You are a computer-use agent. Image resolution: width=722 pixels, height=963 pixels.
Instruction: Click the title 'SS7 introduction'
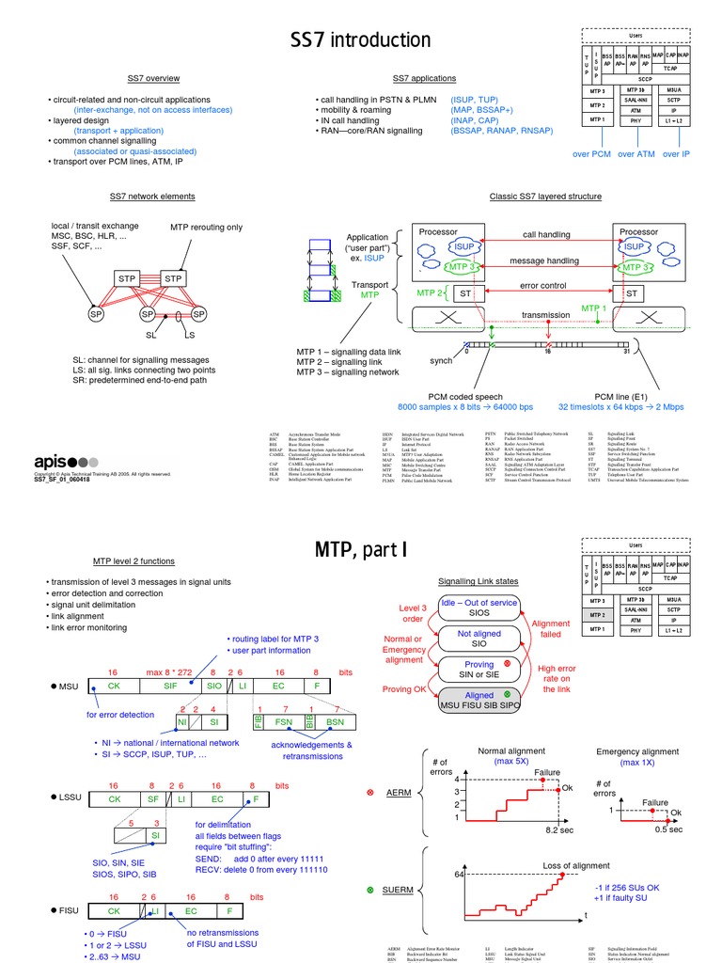(360, 39)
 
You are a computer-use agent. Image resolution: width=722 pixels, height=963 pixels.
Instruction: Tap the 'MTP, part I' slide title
(360, 549)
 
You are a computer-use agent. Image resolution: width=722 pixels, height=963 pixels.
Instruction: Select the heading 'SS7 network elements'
(152, 197)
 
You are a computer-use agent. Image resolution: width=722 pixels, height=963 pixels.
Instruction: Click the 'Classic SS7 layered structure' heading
(545, 197)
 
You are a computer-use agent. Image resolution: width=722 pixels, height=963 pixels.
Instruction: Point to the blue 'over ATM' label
(636, 153)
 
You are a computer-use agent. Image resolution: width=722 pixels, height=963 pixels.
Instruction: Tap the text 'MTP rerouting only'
(206, 228)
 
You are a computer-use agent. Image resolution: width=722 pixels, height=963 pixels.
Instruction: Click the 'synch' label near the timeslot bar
(442, 361)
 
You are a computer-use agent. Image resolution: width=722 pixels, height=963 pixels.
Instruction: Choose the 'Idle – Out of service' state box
(479, 608)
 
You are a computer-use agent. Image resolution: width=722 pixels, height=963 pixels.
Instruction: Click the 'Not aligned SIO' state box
(479, 639)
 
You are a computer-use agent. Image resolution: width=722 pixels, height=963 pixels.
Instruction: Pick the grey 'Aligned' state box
(479, 700)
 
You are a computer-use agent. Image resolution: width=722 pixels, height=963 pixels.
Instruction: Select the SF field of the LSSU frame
(153, 798)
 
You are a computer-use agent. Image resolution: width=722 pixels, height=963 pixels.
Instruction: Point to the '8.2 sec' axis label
(560, 830)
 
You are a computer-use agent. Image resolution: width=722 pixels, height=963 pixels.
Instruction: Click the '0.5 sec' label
(669, 829)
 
